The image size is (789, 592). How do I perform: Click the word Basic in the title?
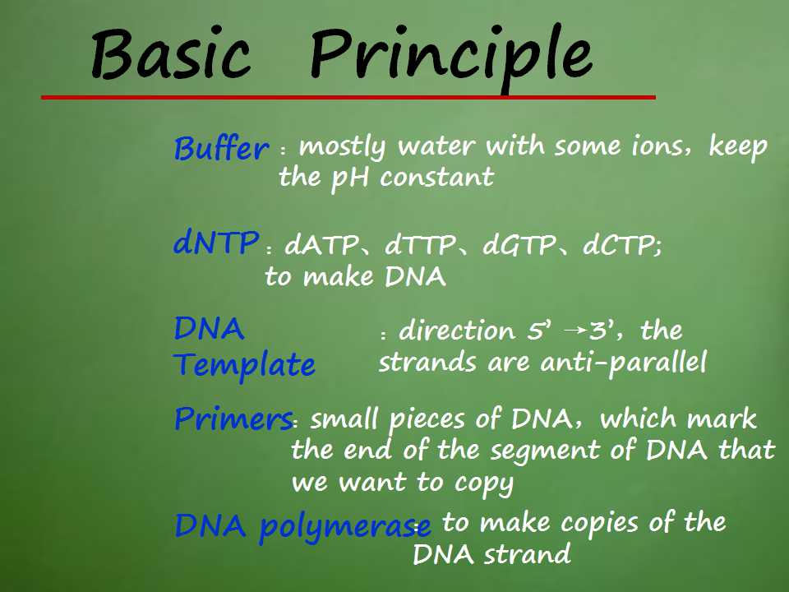pyautogui.click(x=171, y=54)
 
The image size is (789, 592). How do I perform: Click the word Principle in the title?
pyautogui.click(x=451, y=58)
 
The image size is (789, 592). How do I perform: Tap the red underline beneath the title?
pyautogui.click(x=348, y=97)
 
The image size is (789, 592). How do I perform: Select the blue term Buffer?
pyautogui.click(x=221, y=149)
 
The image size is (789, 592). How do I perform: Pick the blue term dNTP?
pyautogui.click(x=216, y=242)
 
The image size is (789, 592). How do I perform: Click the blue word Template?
pyautogui.click(x=245, y=364)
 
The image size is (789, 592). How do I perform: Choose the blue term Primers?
pyautogui.click(x=233, y=419)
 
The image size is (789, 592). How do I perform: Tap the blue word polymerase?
pyautogui.click(x=345, y=526)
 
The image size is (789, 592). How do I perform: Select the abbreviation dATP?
pyautogui.click(x=321, y=246)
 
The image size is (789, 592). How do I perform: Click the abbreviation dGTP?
pyautogui.click(x=519, y=246)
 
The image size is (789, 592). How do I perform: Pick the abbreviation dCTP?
pyautogui.click(x=619, y=246)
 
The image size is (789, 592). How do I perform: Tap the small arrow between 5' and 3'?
pyautogui.click(x=575, y=331)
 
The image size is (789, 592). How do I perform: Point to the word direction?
pyautogui.click(x=457, y=331)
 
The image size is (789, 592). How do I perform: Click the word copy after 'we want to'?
pyautogui.click(x=484, y=483)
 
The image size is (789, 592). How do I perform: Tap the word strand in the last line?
pyautogui.click(x=528, y=554)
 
